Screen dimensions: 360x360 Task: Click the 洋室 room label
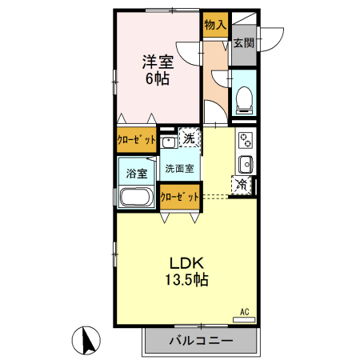[x=157, y=62]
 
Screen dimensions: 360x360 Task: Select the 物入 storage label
[x=215, y=26]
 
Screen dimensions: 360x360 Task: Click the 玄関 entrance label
[x=244, y=42]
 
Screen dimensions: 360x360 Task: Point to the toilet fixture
[x=243, y=99]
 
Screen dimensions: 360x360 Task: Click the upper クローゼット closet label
[x=136, y=138]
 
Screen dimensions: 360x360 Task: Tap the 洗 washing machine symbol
[x=190, y=138]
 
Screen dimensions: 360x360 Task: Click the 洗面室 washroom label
[x=178, y=170]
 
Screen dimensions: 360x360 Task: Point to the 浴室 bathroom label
[x=135, y=173]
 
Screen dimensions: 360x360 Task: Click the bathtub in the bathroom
[x=136, y=197]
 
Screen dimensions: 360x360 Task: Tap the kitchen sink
[x=246, y=166]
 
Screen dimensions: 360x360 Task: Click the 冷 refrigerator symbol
[x=241, y=186]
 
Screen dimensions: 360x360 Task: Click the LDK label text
[x=186, y=262]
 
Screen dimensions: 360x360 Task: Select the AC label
[x=245, y=310]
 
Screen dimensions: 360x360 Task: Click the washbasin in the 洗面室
[x=170, y=143]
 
